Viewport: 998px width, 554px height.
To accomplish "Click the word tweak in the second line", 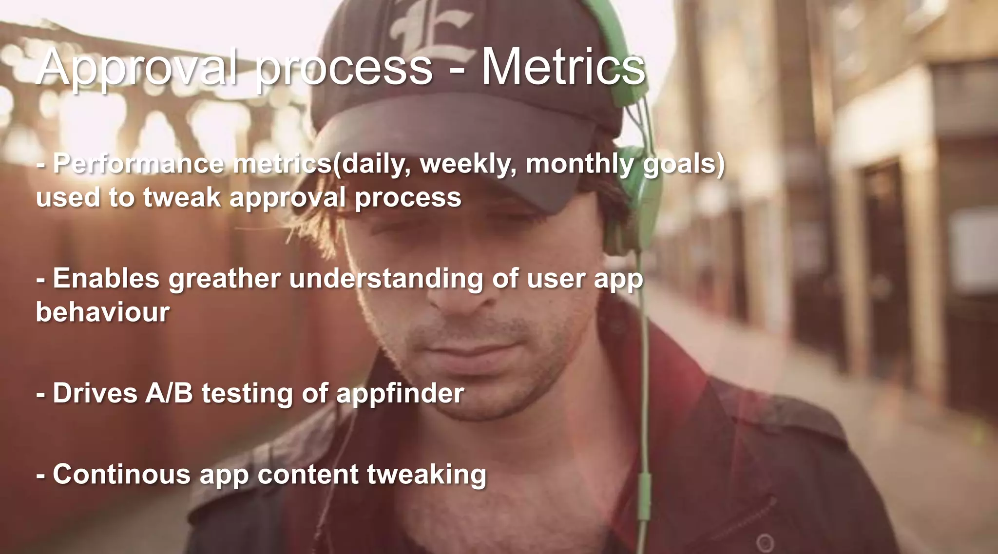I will coord(182,198).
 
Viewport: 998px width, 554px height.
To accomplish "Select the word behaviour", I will coord(102,312).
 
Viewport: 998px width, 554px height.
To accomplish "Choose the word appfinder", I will coord(400,394).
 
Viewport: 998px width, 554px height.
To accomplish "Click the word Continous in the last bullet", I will coord(121,474).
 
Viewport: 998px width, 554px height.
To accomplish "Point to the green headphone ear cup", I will coord(633,214).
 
